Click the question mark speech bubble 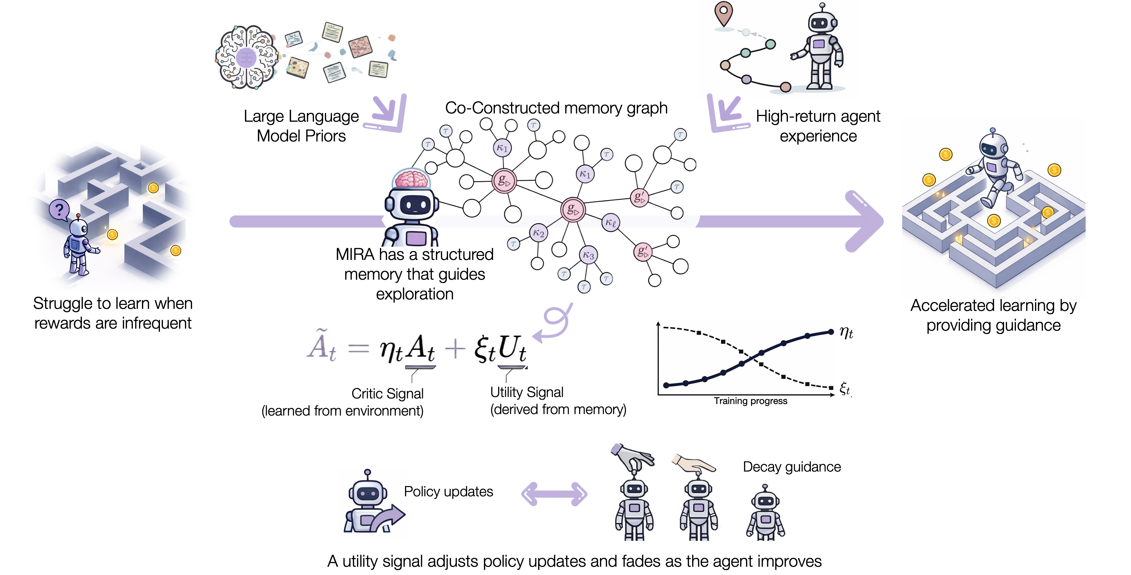pos(59,210)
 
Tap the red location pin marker pos(724,13)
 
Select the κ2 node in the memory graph pos(538,233)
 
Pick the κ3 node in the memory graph pos(588,255)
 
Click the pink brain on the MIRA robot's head pos(411,179)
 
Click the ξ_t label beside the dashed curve pos(845,388)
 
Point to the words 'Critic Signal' pos(387,393)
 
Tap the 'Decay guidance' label pos(792,467)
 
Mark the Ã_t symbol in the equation pos(321,346)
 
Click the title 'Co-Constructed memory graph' pos(556,108)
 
